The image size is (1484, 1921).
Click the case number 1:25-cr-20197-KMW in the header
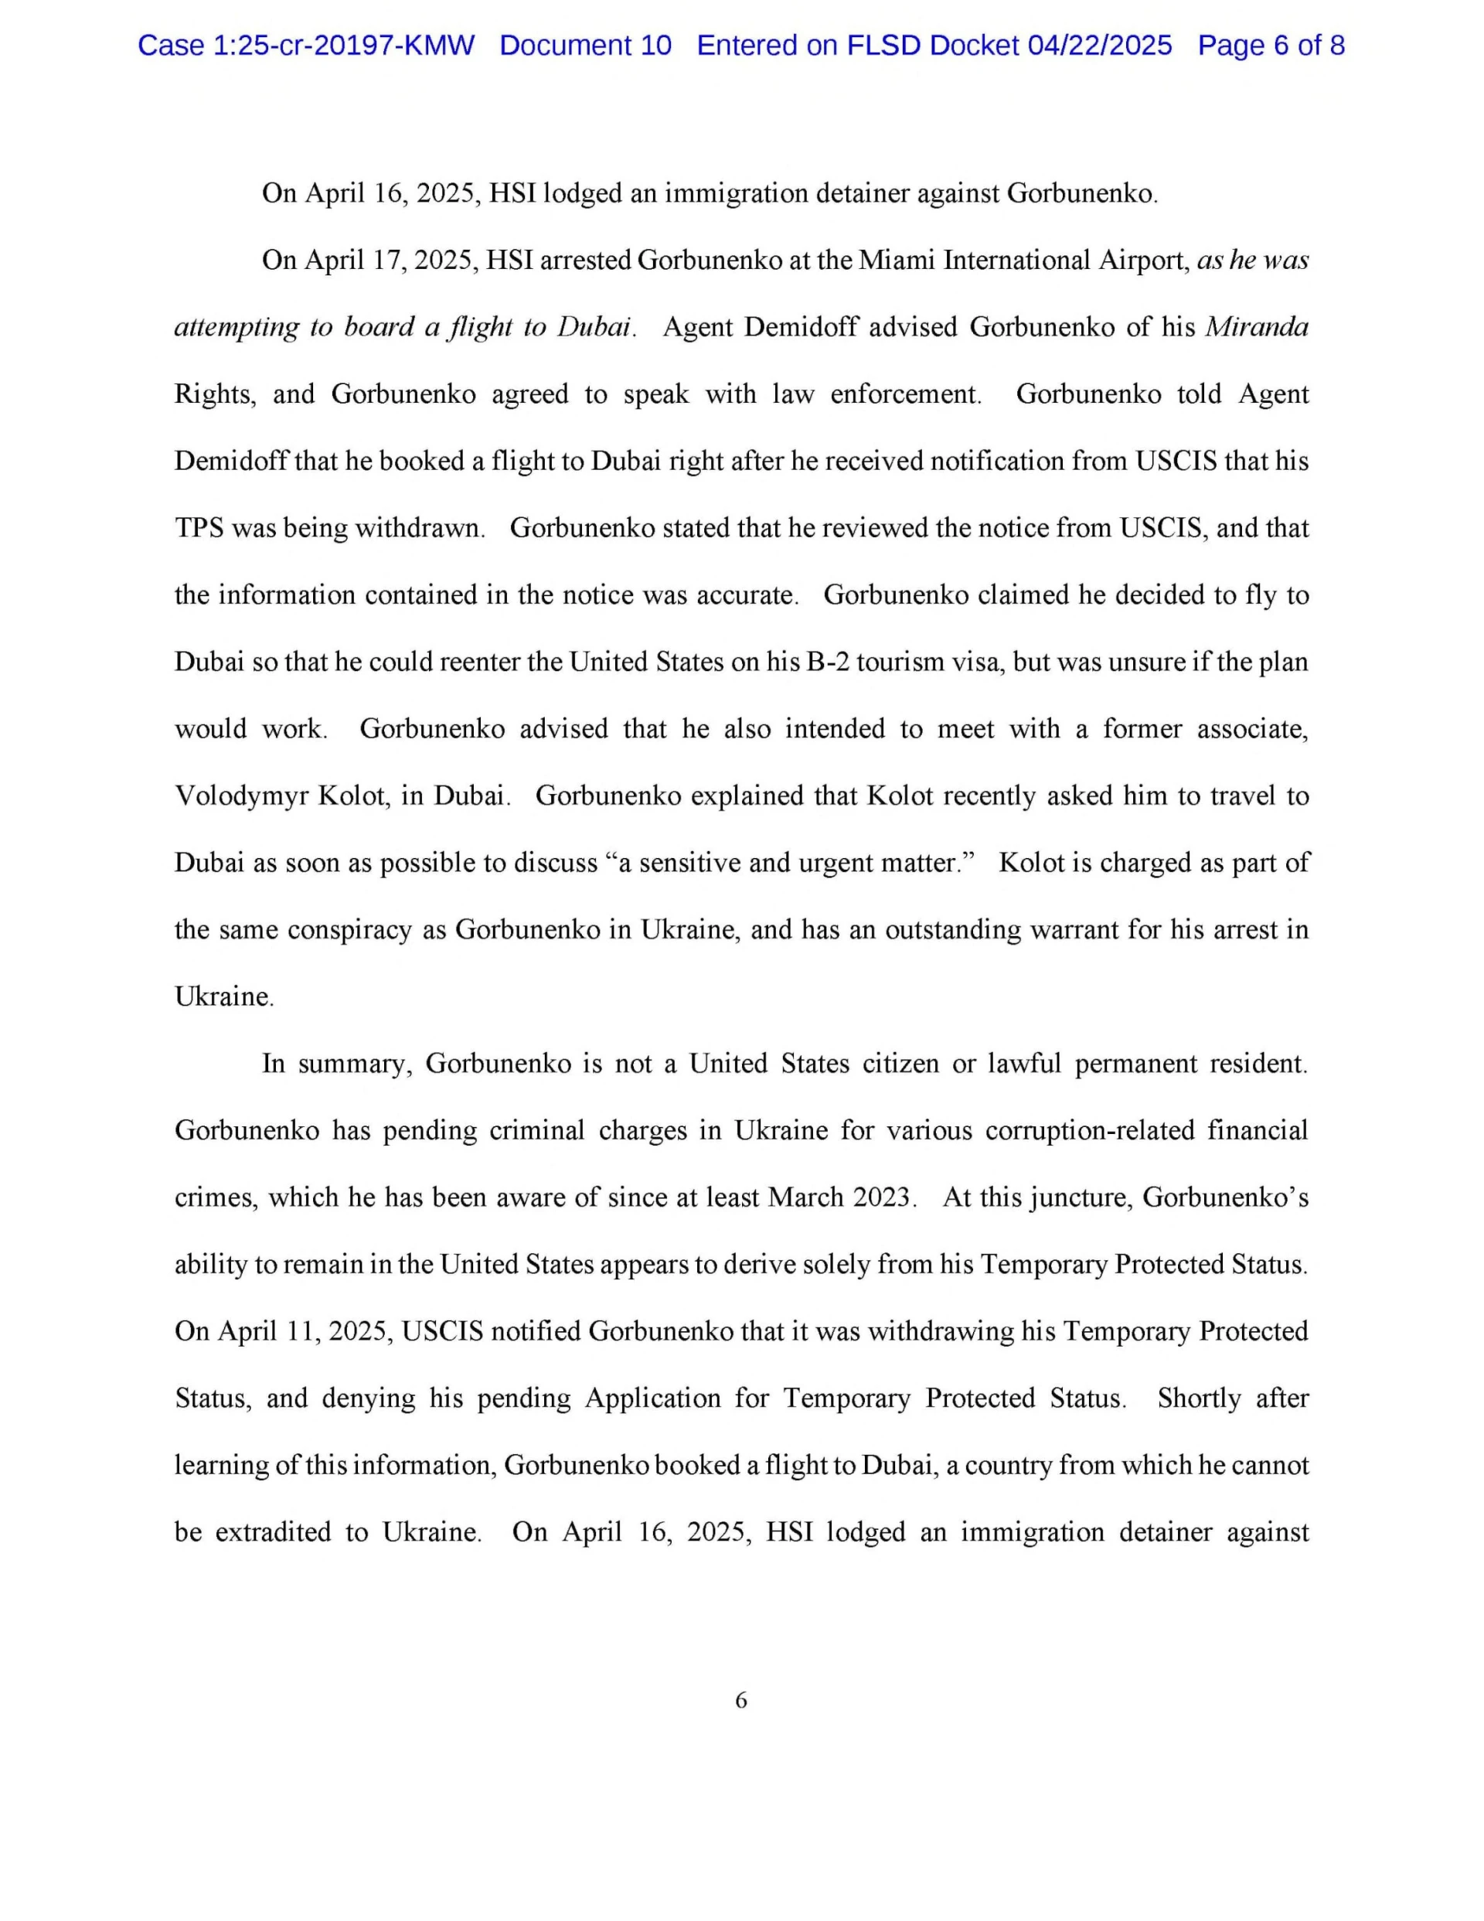(x=343, y=46)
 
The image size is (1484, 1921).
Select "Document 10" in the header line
(x=585, y=46)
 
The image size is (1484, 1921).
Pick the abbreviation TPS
(x=199, y=528)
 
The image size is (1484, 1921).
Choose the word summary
(x=349, y=1064)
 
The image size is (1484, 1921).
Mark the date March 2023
(x=839, y=1198)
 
